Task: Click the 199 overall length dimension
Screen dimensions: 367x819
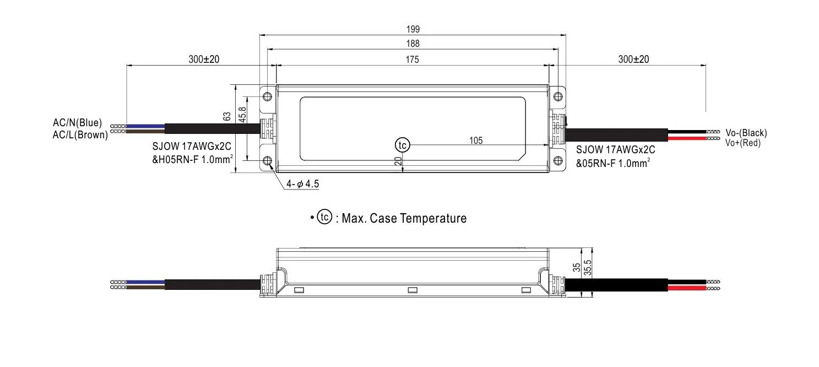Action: [x=412, y=29]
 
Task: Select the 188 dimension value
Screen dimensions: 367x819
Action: [x=412, y=44]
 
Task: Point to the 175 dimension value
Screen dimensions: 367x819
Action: [x=412, y=60]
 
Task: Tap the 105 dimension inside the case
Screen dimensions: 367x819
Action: [x=476, y=141]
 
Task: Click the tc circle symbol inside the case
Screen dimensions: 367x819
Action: [x=403, y=145]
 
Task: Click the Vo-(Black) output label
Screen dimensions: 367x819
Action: [x=746, y=133]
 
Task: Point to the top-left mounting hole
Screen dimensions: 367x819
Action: [x=268, y=97]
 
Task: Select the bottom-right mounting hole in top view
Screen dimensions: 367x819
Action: [x=557, y=160]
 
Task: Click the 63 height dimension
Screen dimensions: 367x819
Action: [x=226, y=116]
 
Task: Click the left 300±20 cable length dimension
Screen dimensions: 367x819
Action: [x=204, y=60]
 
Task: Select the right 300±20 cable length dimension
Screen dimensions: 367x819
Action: [x=633, y=60]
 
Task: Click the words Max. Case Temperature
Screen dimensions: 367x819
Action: [x=404, y=219]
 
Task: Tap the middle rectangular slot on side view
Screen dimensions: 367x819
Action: [x=411, y=290]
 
